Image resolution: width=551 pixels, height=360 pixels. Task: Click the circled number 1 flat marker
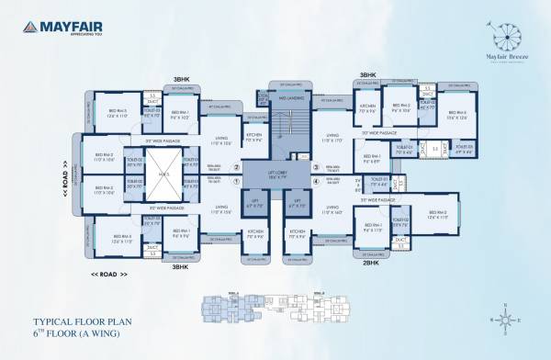[x=237, y=181]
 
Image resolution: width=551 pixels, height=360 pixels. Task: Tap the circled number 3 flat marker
[x=314, y=166]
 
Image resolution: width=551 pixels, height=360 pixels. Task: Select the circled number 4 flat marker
[x=314, y=181]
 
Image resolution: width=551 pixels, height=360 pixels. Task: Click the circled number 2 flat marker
[x=237, y=166]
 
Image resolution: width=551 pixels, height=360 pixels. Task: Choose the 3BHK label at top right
[x=367, y=74]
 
